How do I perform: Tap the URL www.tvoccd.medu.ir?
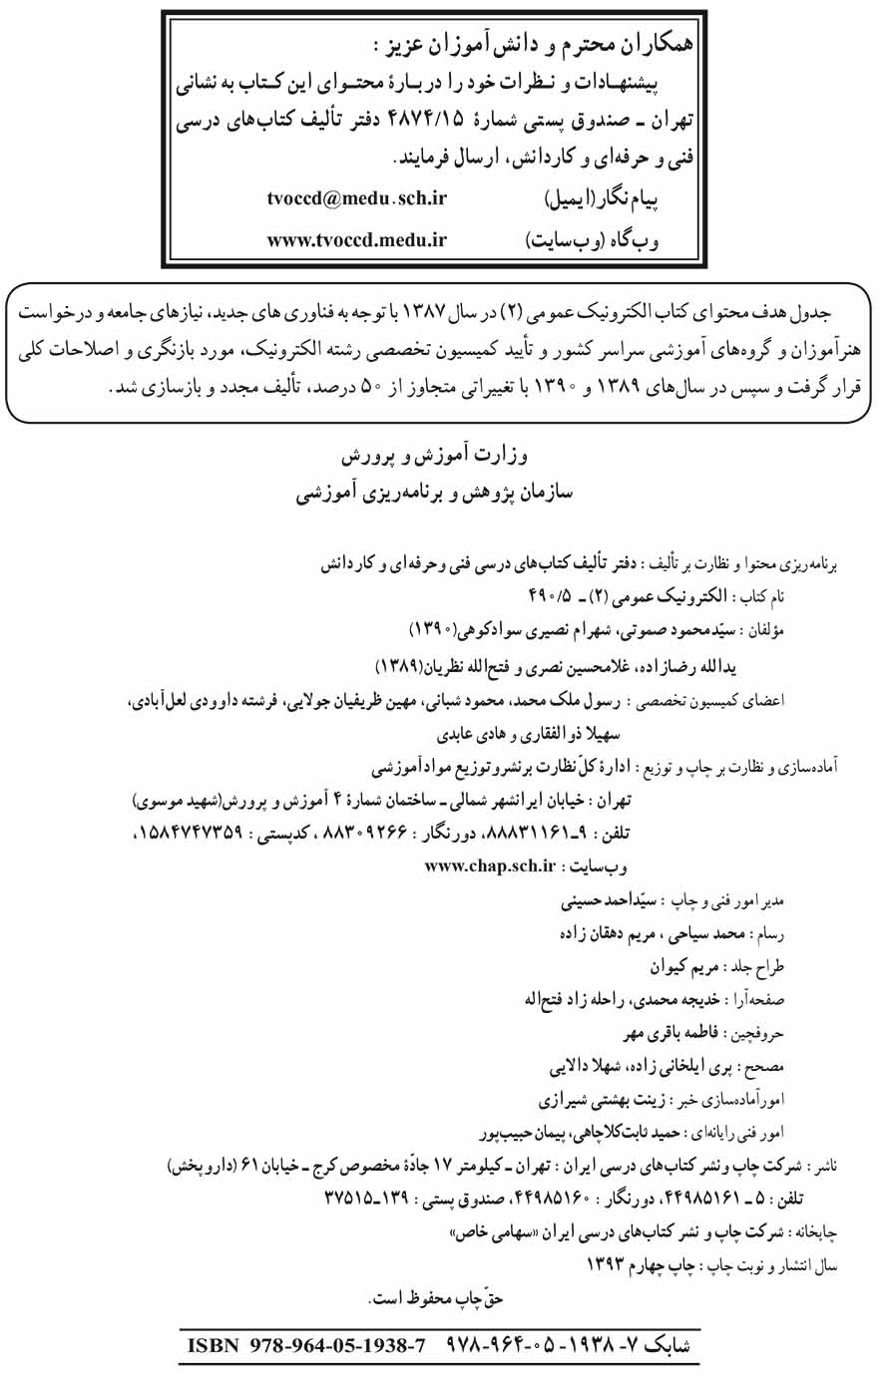click(356, 239)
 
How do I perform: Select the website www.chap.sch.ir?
click(489, 865)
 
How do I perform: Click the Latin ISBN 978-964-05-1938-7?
click(307, 1345)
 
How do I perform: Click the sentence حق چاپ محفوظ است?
click(435, 1299)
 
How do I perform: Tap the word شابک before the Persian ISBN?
click(663, 1345)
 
